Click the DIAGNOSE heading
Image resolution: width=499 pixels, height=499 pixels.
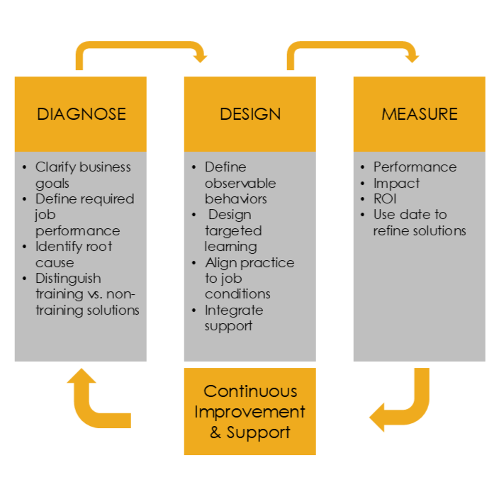[x=81, y=114]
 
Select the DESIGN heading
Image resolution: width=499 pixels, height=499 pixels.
[x=250, y=114]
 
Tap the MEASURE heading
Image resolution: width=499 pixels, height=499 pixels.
[x=419, y=114]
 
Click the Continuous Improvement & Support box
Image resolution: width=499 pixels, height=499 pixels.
[x=250, y=411]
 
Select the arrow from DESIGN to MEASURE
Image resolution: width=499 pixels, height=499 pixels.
[x=352, y=47]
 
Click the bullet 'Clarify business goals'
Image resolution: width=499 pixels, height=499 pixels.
[x=83, y=175]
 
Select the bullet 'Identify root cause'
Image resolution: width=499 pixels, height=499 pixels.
[x=74, y=254]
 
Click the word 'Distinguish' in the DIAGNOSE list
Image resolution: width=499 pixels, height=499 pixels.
[x=68, y=278]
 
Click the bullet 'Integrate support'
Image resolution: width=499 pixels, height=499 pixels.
[x=233, y=318]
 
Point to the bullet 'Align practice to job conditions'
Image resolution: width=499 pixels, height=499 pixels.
[x=249, y=278]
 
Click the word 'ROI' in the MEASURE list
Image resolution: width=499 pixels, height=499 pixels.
[x=385, y=198]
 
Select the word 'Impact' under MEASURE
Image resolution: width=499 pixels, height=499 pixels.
[x=396, y=183]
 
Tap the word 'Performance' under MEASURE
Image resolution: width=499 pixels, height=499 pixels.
[x=415, y=167]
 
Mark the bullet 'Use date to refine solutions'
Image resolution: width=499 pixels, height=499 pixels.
[x=419, y=223]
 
